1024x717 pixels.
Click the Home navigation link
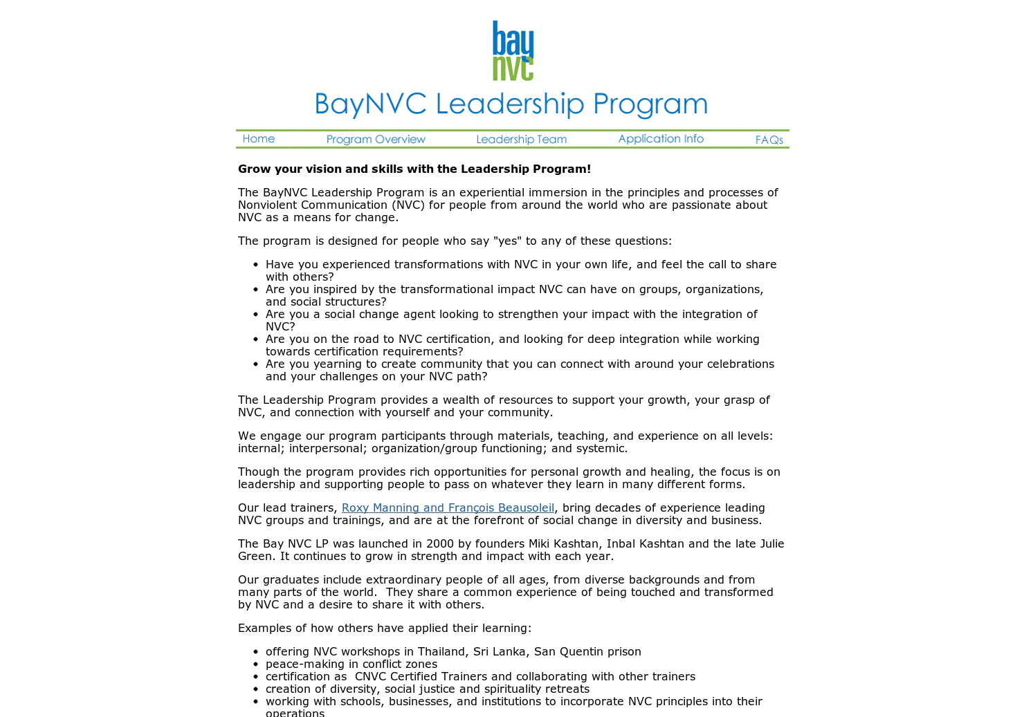[x=259, y=139]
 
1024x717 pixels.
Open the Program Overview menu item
[x=376, y=140]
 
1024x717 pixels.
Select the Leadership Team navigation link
[x=521, y=140]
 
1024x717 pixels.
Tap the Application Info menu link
[x=661, y=139]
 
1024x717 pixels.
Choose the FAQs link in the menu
[x=769, y=140]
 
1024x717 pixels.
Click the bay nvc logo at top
[x=513, y=50]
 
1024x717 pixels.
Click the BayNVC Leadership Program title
[x=511, y=104]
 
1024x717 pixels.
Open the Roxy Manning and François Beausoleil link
[x=448, y=508]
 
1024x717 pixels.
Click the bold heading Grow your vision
[x=414, y=169]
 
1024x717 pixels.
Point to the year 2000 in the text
[x=439, y=544]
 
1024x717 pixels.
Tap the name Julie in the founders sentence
[x=772, y=544]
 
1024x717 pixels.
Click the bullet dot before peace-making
[x=255, y=664]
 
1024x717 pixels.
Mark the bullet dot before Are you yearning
[x=255, y=364]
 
